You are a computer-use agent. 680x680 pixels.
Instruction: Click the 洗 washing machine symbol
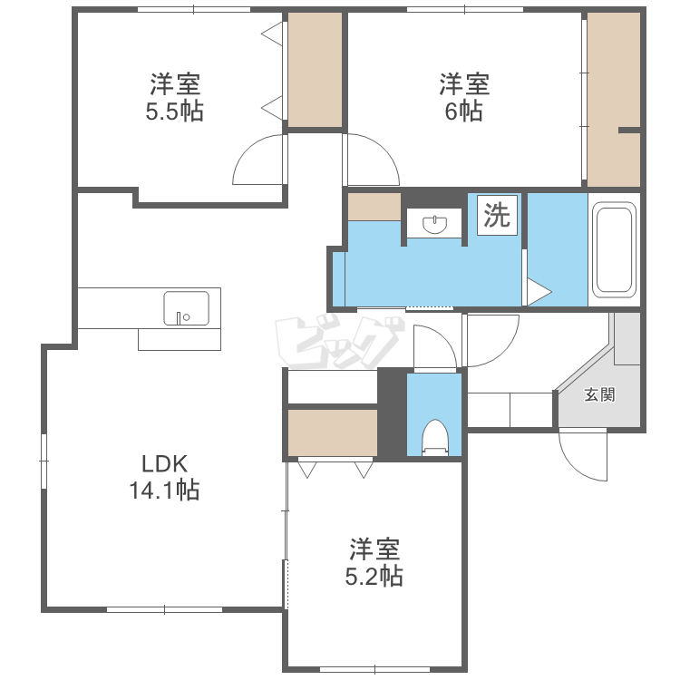click(x=497, y=215)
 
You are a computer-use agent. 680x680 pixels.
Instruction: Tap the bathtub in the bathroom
click(x=614, y=250)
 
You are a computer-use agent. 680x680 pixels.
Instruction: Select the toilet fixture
click(x=434, y=437)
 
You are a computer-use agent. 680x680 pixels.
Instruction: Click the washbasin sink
click(x=434, y=224)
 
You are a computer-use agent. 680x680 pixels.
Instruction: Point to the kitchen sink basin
click(x=186, y=308)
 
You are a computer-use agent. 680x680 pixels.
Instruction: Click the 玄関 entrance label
click(x=599, y=394)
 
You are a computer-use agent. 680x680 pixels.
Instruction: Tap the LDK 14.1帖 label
click(x=164, y=478)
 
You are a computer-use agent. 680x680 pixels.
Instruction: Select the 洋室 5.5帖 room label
click(x=174, y=98)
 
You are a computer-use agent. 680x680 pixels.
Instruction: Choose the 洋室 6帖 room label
click(x=464, y=98)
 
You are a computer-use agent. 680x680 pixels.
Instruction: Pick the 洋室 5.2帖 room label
click(x=374, y=562)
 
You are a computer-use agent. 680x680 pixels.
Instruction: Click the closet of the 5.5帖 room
click(x=316, y=70)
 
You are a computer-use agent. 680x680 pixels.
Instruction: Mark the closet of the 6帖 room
click(x=614, y=100)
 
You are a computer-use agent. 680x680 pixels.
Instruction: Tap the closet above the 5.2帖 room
click(x=332, y=432)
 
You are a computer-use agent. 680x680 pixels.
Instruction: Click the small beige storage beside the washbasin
click(x=374, y=207)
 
